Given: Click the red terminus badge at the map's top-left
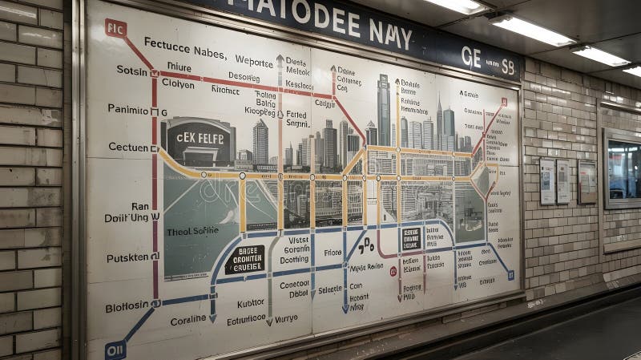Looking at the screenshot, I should point(115,29).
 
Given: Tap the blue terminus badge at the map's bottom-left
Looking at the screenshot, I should point(115,350).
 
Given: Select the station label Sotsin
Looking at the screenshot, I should point(132,70).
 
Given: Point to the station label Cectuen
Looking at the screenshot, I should point(127,147).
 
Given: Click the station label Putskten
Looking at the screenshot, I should point(128,257).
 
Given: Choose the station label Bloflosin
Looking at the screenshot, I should point(127,306).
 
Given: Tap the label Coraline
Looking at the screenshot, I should point(187,320).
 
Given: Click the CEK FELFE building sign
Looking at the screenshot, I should point(200,137).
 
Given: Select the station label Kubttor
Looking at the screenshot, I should point(251,303).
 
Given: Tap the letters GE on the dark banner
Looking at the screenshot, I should point(471,56).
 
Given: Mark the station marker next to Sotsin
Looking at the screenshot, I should point(155,72).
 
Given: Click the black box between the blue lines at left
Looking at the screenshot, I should point(244,259).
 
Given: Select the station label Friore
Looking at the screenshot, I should point(333,252).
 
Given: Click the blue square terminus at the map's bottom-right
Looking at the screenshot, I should point(510,275).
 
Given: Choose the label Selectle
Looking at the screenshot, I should point(330,289).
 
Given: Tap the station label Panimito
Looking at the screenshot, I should point(128,109).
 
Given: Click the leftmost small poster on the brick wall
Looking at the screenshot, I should point(547,181).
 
